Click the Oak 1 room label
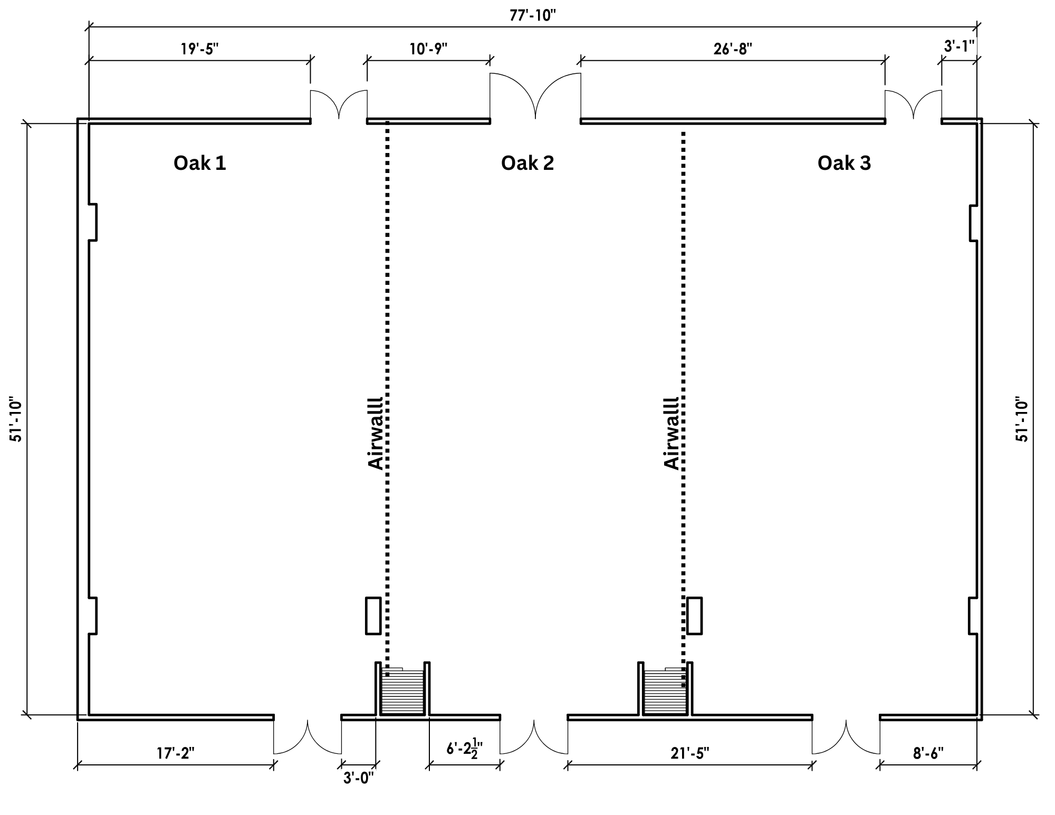point(200,163)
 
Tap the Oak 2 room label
point(527,163)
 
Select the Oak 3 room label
point(844,163)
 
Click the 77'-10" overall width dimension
point(533,15)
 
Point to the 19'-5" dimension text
point(199,49)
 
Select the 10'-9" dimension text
point(428,49)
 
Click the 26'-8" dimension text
point(733,49)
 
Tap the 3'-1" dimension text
point(959,46)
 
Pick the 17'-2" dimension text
point(175,753)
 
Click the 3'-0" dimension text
point(359,778)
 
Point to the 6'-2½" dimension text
point(464,749)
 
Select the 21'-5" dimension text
point(690,753)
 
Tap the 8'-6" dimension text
point(928,753)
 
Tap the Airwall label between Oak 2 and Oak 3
point(672,433)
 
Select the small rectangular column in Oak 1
point(373,616)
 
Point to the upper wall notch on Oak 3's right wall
point(974,223)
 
